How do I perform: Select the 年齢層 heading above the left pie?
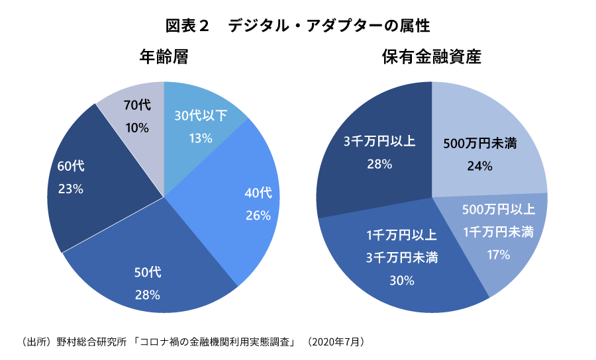coord(164,58)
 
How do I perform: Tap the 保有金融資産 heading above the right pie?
coord(431,58)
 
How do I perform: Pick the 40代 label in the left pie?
coord(258,193)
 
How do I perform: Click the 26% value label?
coord(258,215)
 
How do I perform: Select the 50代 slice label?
coord(148,273)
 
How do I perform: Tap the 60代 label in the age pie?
coord(71,165)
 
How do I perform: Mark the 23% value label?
coord(71,189)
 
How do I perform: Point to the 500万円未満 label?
coord(479,144)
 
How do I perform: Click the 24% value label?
coord(479,166)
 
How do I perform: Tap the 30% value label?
coord(401,280)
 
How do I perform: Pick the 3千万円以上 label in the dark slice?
coord(379,141)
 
